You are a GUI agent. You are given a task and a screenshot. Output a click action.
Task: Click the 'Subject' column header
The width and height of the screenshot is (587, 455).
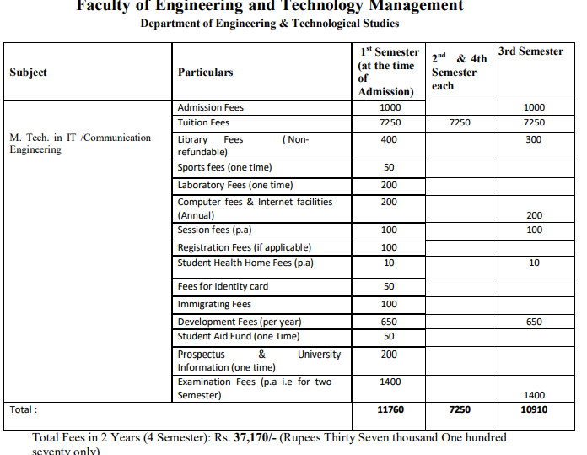click(28, 73)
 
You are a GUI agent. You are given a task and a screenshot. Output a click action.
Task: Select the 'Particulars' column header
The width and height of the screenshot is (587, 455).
click(205, 73)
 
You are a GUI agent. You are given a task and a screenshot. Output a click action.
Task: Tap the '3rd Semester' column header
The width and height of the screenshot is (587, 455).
click(530, 51)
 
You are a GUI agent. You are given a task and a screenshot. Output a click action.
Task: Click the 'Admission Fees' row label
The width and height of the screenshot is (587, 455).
click(210, 108)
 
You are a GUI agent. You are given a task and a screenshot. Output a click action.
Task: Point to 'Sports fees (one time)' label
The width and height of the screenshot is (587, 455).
click(224, 168)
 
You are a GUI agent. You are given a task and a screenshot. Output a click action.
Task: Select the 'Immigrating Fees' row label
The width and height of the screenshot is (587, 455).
click(214, 305)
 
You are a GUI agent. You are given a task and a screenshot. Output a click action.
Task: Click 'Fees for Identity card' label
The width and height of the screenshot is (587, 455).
click(223, 287)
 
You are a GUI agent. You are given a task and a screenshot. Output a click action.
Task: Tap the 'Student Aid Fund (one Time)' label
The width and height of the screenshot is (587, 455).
click(238, 336)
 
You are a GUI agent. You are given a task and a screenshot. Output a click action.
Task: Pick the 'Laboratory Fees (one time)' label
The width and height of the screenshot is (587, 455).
click(235, 185)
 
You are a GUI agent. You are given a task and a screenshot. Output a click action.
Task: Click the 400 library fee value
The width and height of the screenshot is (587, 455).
click(389, 139)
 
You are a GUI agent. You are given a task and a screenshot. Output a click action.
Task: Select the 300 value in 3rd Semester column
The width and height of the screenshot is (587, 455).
click(533, 139)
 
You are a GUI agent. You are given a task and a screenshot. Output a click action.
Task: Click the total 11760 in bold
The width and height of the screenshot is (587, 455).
click(389, 409)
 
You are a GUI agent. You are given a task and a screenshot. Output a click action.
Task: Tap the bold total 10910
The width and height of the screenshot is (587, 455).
click(533, 409)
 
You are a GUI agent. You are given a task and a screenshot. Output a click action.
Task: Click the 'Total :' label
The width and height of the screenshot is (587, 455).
click(23, 409)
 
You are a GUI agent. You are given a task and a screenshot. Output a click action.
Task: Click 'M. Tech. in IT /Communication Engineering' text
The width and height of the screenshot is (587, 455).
click(80, 144)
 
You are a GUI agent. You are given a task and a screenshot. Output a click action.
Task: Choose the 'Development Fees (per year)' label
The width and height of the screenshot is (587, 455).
click(239, 322)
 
